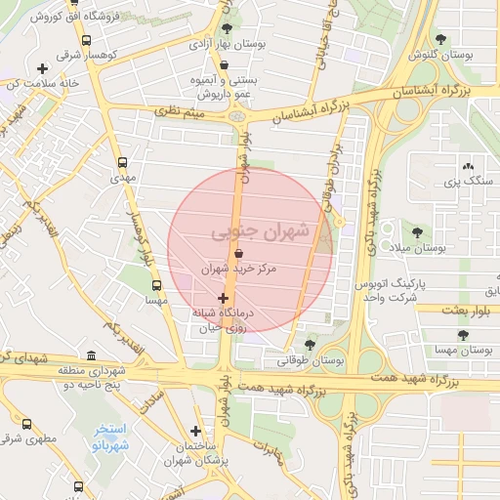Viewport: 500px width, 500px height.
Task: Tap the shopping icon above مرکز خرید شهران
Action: click(239, 253)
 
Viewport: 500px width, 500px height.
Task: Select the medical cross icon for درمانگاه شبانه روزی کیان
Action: click(224, 298)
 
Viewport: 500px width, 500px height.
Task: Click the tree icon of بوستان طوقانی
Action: click(310, 344)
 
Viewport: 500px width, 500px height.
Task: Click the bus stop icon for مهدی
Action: click(122, 163)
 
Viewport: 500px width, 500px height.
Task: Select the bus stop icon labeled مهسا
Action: click(156, 286)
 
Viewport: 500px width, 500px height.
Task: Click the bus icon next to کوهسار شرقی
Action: click(87, 41)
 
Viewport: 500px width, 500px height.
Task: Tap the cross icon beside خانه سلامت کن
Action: click(41, 68)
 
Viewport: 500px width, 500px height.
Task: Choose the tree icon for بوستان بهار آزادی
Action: click(228, 29)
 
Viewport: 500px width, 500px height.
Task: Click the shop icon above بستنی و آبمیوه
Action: click(225, 65)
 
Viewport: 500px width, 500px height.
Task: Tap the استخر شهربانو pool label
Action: click(116, 438)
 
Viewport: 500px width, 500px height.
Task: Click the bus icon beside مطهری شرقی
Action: click(26, 425)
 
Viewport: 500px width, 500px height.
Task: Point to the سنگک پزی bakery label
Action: click(464, 181)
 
